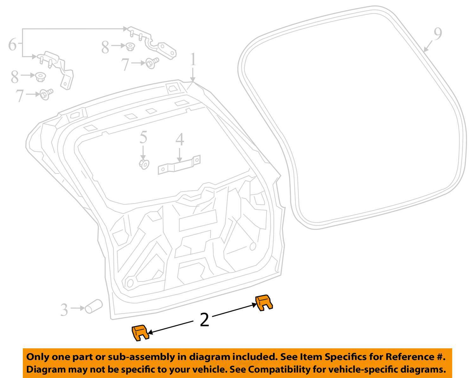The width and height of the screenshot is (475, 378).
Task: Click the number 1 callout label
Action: [x=193, y=60]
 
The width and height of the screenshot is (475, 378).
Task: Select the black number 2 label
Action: [x=205, y=320]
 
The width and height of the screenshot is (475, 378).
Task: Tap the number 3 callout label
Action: [x=64, y=310]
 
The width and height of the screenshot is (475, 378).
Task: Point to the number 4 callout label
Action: [x=180, y=140]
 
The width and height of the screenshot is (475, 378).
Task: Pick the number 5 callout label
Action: [x=143, y=137]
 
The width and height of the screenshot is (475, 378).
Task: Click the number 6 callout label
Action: [x=12, y=45]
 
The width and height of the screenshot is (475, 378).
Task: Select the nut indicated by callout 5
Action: [x=144, y=164]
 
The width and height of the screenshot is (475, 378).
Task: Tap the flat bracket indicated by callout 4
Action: [x=179, y=165]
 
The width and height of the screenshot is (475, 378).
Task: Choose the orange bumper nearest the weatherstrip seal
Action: [x=263, y=302]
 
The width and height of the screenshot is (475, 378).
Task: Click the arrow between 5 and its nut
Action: [x=143, y=153]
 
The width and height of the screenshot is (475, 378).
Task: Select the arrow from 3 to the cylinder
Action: [x=78, y=308]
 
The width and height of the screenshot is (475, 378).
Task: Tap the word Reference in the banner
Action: [x=407, y=357]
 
